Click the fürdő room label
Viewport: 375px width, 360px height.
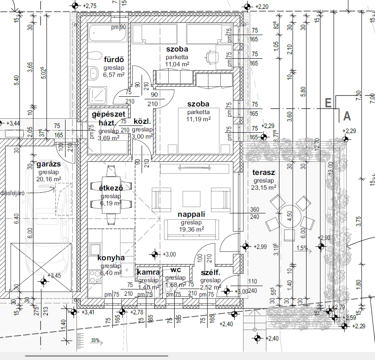[x=113, y=60]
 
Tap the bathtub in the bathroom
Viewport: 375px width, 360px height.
[x=108, y=33]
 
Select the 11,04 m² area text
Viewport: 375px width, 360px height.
[x=177, y=64]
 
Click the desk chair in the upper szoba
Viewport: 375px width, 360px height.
[x=211, y=56]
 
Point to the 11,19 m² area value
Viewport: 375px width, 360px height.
[x=199, y=119]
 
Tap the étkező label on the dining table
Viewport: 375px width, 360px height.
[x=111, y=189]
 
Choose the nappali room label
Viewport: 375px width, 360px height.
[x=191, y=215]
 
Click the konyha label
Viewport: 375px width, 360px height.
[x=111, y=258]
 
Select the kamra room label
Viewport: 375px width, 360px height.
[x=148, y=273]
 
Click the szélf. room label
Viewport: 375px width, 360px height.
[x=210, y=273]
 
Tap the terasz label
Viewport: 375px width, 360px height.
[x=264, y=173]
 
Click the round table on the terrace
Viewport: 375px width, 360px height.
[x=289, y=219]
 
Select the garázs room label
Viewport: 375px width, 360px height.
[x=49, y=164]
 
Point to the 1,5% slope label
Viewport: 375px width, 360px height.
[x=302, y=248]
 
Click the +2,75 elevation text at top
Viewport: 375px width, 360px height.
[x=90, y=6]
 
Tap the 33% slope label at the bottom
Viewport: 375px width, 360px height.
[x=95, y=340]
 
